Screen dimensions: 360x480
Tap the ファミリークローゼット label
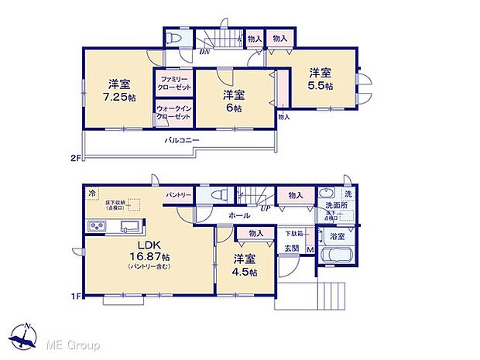coord(173,84)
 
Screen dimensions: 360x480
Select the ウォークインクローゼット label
coord(173,112)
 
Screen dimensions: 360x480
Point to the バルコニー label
coord(182,140)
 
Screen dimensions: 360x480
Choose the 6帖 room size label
coord(233,108)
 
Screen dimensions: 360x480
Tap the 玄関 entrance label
coord(291,248)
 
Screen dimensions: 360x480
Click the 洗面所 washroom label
coord(337,206)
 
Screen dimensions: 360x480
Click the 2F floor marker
coord(74,159)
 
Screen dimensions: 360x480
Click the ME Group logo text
coord(70,343)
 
